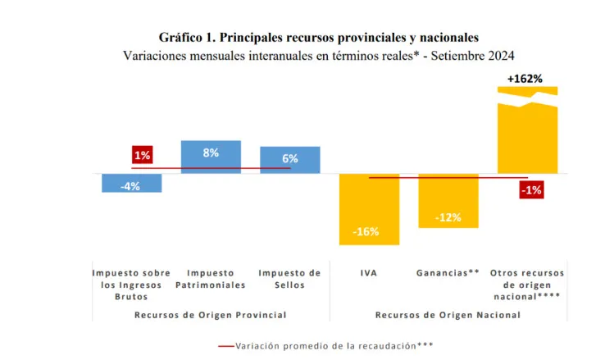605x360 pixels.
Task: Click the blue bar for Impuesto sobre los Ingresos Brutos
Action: [x=131, y=183]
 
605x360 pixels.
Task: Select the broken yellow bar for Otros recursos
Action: [x=528, y=135]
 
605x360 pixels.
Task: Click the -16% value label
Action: [x=366, y=231]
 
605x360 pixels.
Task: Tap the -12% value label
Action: [x=448, y=217]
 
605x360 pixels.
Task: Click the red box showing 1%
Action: [x=142, y=156]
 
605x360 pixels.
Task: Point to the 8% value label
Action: [x=211, y=153]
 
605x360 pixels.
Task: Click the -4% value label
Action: [x=130, y=186]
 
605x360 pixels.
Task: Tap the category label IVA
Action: [x=368, y=273]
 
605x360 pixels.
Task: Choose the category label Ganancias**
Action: [x=448, y=273]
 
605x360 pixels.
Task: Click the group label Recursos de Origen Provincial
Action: [x=212, y=314]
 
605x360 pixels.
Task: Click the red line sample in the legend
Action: [x=225, y=345]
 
